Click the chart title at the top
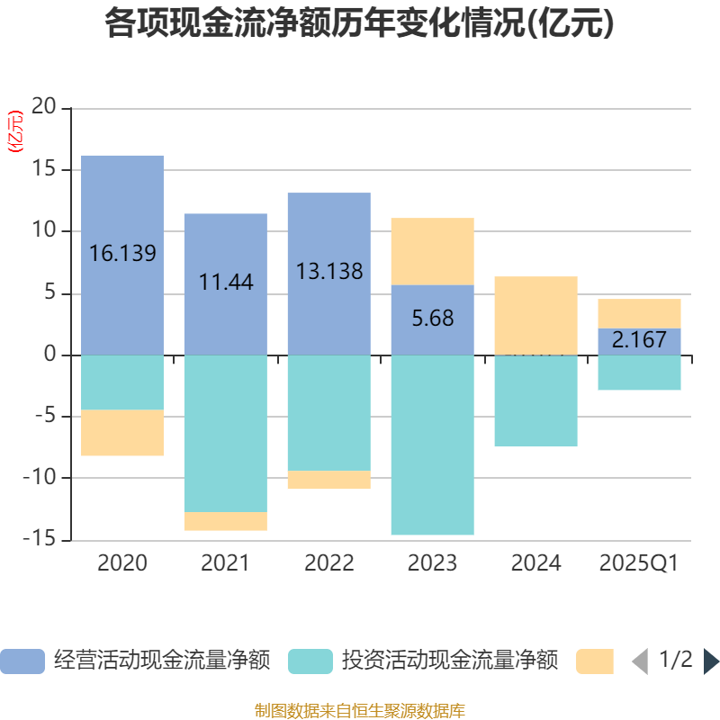[x=360, y=24]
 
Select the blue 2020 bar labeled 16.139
[x=122, y=255]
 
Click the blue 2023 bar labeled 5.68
[x=433, y=319]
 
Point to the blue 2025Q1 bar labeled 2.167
[x=640, y=341]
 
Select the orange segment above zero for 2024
[x=536, y=315]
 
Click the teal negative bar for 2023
[x=433, y=445]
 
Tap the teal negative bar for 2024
[x=536, y=401]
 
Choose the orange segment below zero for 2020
[x=122, y=433]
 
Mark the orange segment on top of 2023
[x=433, y=251]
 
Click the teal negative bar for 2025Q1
[x=640, y=373]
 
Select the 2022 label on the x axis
[x=329, y=563]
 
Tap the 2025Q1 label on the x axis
[x=639, y=563]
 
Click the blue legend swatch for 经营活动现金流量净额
[x=22, y=661]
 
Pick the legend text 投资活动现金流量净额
[x=449, y=661]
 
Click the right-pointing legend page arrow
[x=711, y=661]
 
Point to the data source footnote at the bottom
[x=360, y=711]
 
